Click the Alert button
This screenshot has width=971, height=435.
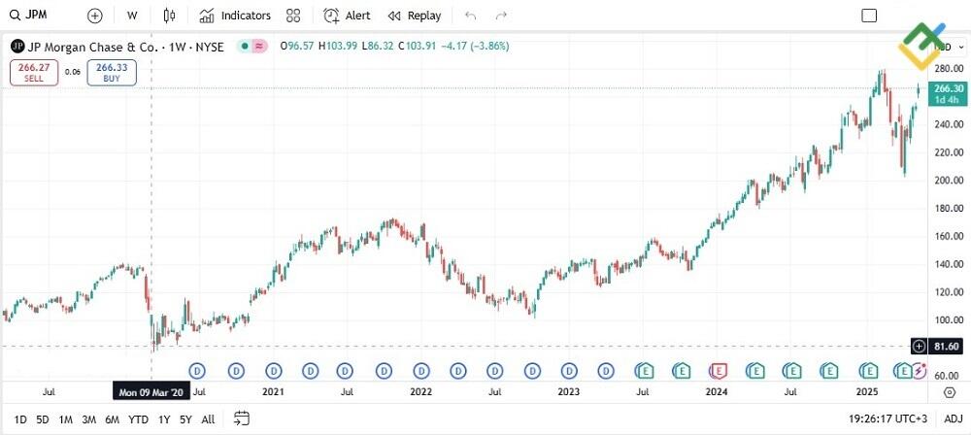coord(347,16)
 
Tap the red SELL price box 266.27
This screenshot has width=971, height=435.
coord(35,72)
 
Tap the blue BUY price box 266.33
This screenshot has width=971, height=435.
coord(112,72)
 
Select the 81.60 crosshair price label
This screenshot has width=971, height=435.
coord(946,347)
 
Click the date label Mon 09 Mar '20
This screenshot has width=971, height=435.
coord(151,393)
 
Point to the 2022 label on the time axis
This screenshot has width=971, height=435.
coord(420,393)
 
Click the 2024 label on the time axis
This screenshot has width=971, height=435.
coord(716,393)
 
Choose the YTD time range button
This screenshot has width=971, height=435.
coord(138,419)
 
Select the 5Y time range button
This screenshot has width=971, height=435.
coord(184,419)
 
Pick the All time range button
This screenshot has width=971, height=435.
coord(208,419)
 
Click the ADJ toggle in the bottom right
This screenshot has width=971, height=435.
coord(953,419)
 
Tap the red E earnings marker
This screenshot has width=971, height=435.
coord(719,370)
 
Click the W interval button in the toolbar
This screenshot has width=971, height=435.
coord(132,16)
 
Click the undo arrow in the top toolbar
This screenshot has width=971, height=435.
coord(471,16)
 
